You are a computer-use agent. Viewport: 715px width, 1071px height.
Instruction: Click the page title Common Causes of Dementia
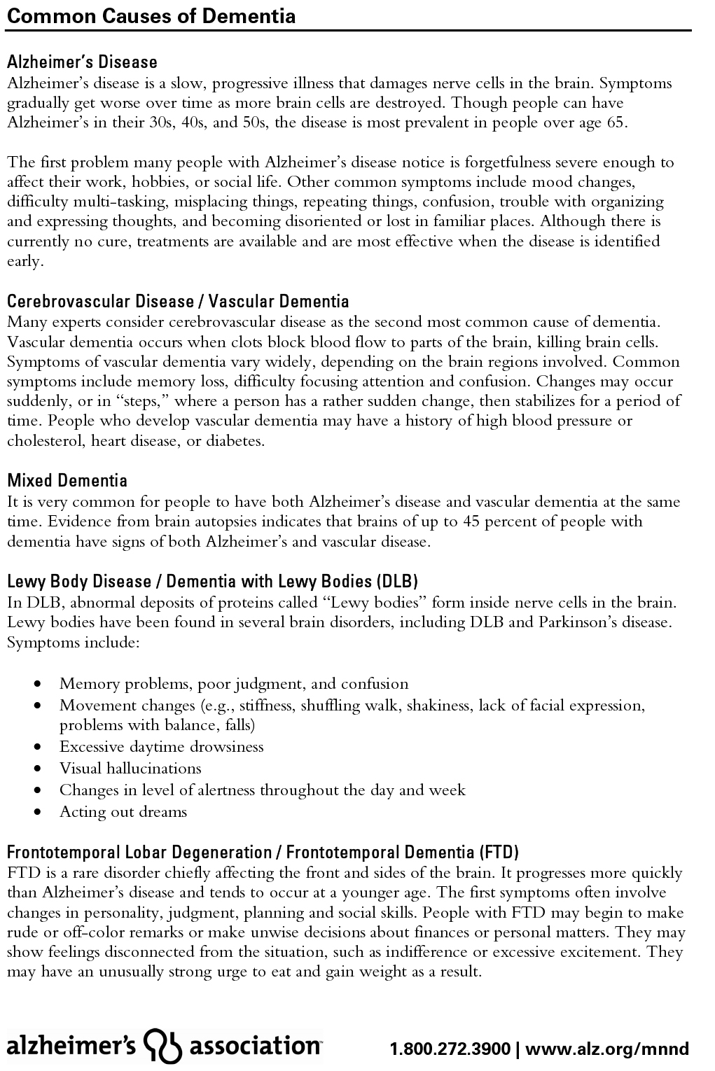pyautogui.click(x=151, y=15)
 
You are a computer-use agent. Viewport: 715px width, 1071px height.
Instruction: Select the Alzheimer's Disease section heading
pyautogui.click(x=82, y=62)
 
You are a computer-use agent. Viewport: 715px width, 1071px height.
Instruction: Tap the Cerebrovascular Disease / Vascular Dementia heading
pyautogui.click(x=178, y=302)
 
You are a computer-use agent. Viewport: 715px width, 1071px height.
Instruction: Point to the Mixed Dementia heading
pyautogui.click(x=67, y=481)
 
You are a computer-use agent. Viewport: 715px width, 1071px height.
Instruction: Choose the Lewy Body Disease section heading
pyautogui.click(x=212, y=582)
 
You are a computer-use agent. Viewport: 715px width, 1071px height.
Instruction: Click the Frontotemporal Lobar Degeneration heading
pyautogui.click(x=263, y=853)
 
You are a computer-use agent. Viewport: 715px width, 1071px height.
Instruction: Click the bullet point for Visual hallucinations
pyautogui.click(x=130, y=769)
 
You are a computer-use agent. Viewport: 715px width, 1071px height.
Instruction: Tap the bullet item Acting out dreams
pyautogui.click(x=123, y=812)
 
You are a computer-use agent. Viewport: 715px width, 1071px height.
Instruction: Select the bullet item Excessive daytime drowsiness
pyautogui.click(x=161, y=747)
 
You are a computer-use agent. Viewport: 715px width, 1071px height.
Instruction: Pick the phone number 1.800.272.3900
pyautogui.click(x=450, y=1049)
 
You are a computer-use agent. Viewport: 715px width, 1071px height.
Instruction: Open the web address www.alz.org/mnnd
pyautogui.click(x=607, y=1049)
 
